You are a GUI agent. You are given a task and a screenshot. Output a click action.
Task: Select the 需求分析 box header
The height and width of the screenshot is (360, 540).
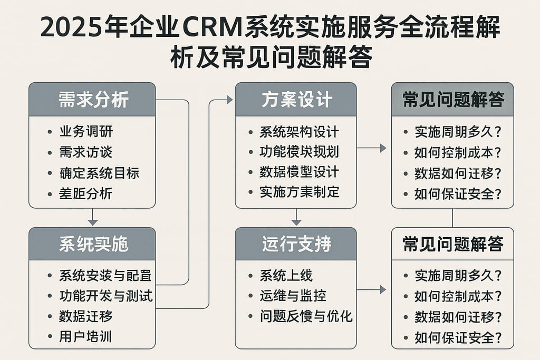coord(92,100)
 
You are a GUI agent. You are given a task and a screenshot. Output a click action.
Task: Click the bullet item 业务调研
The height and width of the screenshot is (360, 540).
coord(86,131)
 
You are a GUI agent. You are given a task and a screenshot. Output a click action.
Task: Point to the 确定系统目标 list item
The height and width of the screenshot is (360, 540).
coord(99,173)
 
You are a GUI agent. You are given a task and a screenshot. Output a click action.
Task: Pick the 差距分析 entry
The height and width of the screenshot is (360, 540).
coord(86,193)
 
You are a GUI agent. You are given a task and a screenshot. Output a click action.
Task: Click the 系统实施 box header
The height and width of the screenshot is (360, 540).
coord(92,244)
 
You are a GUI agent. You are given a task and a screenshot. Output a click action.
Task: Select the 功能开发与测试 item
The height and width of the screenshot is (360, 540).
coord(105,295)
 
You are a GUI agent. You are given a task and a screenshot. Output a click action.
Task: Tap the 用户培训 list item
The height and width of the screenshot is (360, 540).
coord(86,336)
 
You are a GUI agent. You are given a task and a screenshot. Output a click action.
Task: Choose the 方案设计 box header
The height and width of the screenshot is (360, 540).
coord(296,100)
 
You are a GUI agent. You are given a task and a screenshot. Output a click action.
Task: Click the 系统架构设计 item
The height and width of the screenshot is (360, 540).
coord(299,132)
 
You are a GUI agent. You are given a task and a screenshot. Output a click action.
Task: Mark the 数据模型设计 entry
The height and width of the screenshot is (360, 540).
coord(299,172)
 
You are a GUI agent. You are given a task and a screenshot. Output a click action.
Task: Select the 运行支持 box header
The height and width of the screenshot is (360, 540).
coord(296,244)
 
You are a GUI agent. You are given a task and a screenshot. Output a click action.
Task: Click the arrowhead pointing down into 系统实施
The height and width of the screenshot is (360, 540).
coord(92,222)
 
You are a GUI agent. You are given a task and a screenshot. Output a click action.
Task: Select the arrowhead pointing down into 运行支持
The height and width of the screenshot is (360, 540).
coord(296,222)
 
